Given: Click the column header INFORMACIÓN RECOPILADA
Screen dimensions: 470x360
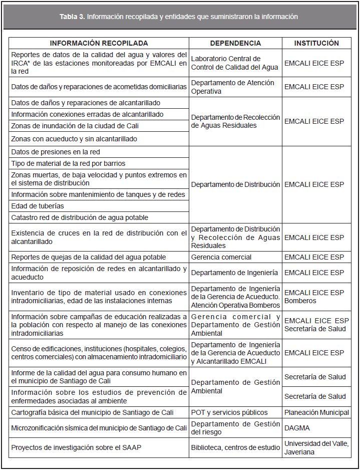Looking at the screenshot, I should (x=99, y=43).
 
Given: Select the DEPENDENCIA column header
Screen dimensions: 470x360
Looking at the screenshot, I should (x=235, y=43).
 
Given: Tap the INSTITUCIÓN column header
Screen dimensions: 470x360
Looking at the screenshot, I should (x=316, y=43).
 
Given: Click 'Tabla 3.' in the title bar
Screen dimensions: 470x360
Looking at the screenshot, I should (x=73, y=17).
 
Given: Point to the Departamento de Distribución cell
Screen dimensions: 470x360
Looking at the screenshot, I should (x=235, y=184).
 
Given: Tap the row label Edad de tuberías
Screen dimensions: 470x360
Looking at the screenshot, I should (x=38, y=206).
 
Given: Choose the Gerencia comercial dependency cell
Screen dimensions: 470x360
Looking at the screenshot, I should (x=221, y=257).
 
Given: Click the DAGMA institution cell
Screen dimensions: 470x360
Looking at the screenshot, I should (x=297, y=428).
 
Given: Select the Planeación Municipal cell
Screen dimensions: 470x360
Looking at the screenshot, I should (x=316, y=412).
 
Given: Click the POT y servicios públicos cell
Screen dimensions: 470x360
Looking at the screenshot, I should (x=229, y=412).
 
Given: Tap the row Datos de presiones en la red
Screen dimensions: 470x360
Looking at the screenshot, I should (x=59, y=152).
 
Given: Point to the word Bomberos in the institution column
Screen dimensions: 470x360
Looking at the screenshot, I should (x=300, y=301).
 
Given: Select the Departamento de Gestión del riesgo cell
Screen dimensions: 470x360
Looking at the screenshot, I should (x=235, y=428).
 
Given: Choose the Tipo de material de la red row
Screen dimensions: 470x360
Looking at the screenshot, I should (x=68, y=163).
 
